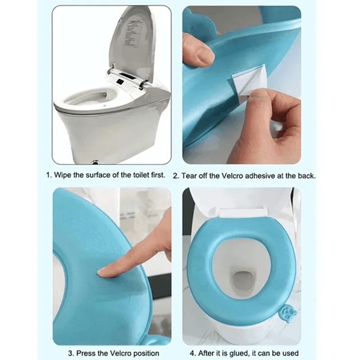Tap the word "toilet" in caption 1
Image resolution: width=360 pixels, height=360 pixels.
pos(141,175)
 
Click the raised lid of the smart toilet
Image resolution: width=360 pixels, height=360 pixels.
pos(130,40)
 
